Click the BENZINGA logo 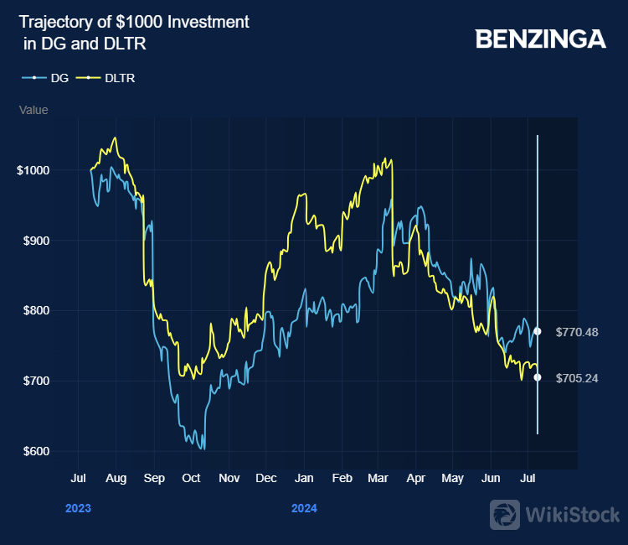point(540,39)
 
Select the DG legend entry point(59,78)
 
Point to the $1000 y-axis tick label point(33,170)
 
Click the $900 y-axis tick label point(36,241)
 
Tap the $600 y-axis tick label point(36,451)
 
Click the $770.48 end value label point(577,332)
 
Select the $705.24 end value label point(577,378)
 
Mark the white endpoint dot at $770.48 point(538,331)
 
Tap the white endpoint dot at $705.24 point(538,377)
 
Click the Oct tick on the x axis point(191,479)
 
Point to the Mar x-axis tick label point(378,479)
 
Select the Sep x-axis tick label point(154,479)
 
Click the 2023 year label point(78,508)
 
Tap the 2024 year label point(304,508)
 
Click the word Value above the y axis point(33,110)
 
